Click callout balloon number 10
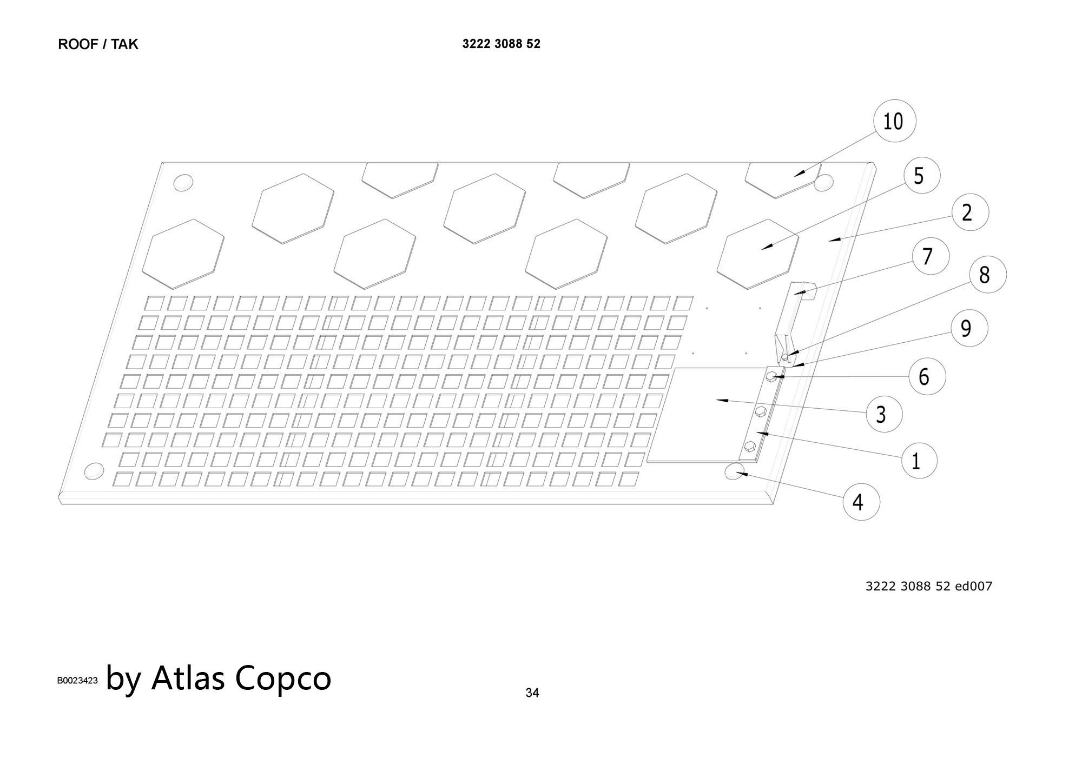[895, 121]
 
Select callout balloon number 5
[922, 176]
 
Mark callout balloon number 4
[861, 502]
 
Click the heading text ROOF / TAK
[98, 44]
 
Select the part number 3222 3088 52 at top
[501, 44]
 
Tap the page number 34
[532, 693]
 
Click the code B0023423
[77, 680]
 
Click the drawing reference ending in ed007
[929, 586]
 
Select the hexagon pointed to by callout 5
[757, 254]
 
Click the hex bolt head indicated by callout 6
[773, 376]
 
